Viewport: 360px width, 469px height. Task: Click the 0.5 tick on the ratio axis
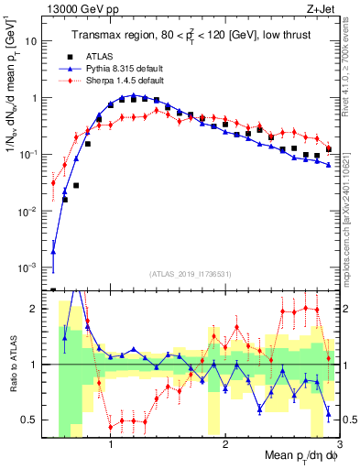[x=34, y=420]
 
